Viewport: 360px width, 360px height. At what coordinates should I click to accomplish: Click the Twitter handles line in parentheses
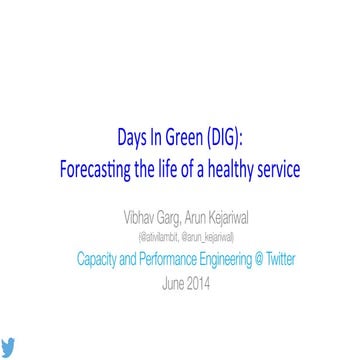coord(184,230)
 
